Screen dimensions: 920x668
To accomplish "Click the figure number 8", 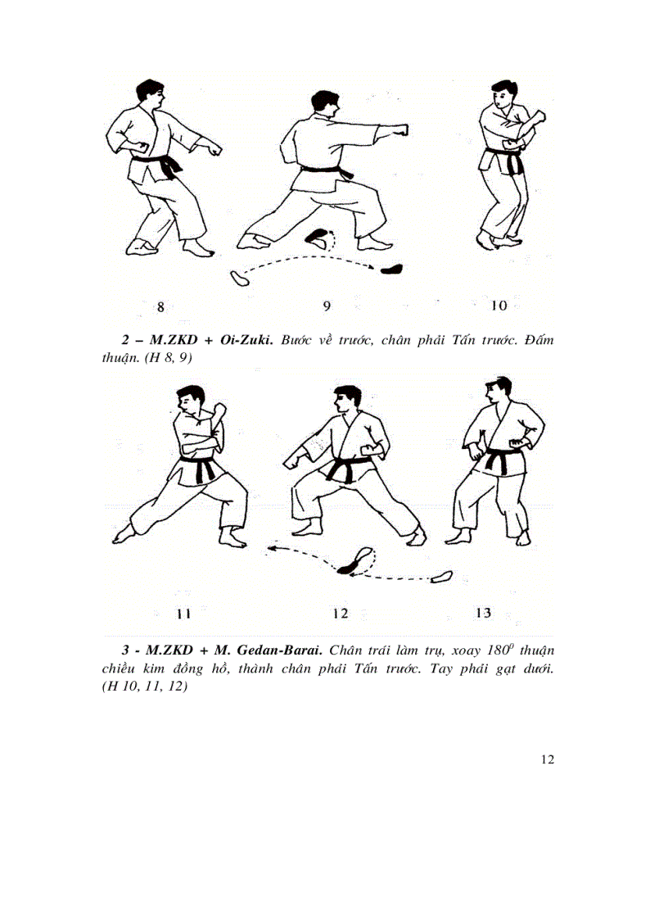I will tap(160, 307).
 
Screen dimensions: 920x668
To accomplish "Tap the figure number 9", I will tap(327, 306).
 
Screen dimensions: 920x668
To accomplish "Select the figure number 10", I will tap(499, 306).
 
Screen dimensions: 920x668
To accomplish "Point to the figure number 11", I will tap(183, 613).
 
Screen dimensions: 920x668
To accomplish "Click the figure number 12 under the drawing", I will tap(341, 613).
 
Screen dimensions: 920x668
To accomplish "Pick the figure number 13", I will tap(483, 612).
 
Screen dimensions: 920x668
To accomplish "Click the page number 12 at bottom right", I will tap(548, 759).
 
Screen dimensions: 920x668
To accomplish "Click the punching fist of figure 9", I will tap(401, 130).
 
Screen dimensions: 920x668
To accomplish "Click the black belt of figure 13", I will tap(497, 459).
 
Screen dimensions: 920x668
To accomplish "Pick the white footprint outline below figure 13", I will tap(442, 577).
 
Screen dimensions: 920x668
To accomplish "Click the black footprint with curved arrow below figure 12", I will tap(353, 562).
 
